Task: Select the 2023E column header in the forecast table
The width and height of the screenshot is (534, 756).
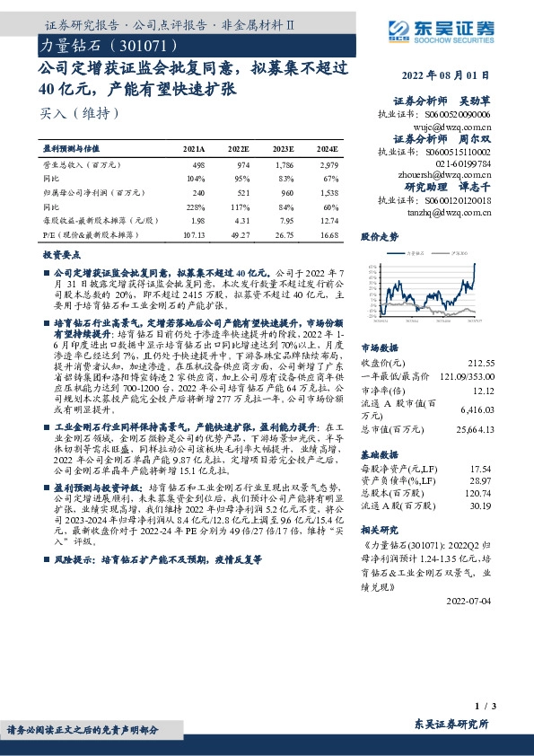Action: point(284,148)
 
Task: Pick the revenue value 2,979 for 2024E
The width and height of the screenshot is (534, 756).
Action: point(328,165)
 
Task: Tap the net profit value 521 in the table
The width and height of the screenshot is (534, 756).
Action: point(241,192)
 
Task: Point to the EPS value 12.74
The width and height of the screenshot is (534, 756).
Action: point(328,219)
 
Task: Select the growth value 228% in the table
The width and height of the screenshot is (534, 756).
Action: point(196,206)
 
